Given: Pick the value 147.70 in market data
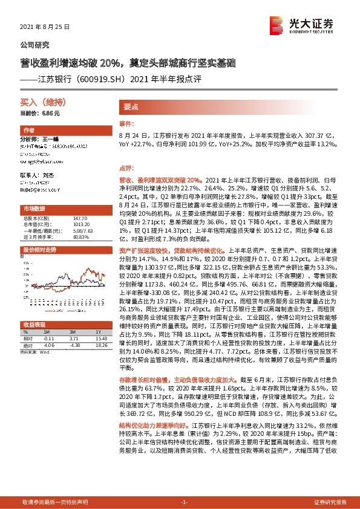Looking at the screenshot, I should [80, 217].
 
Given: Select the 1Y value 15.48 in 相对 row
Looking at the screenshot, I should [100, 321].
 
